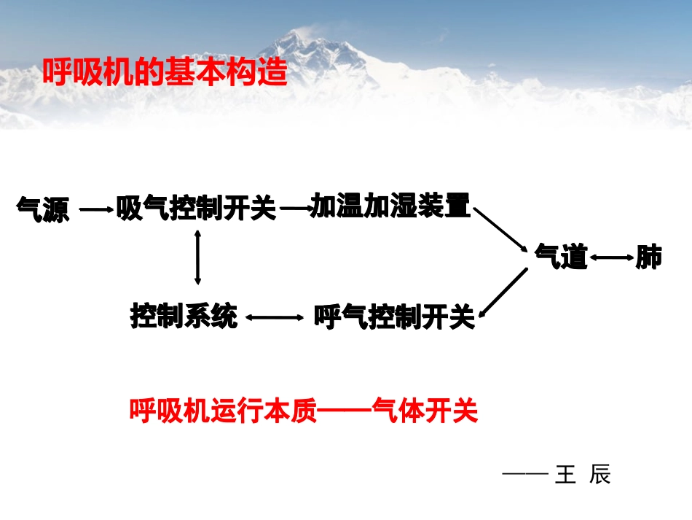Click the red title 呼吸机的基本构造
[x=165, y=73]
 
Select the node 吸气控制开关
[x=197, y=210]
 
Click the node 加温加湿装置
[x=390, y=206]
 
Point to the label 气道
[x=561, y=256]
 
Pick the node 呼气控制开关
[x=394, y=317]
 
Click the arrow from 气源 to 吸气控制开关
[x=97, y=211]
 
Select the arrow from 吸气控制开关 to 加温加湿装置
[x=295, y=209]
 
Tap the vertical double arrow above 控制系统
[x=197, y=257]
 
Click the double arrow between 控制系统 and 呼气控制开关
[x=275, y=317]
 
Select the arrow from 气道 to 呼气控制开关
[x=503, y=293]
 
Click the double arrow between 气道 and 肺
[x=611, y=257]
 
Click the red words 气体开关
[x=424, y=411]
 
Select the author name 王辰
[x=582, y=475]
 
